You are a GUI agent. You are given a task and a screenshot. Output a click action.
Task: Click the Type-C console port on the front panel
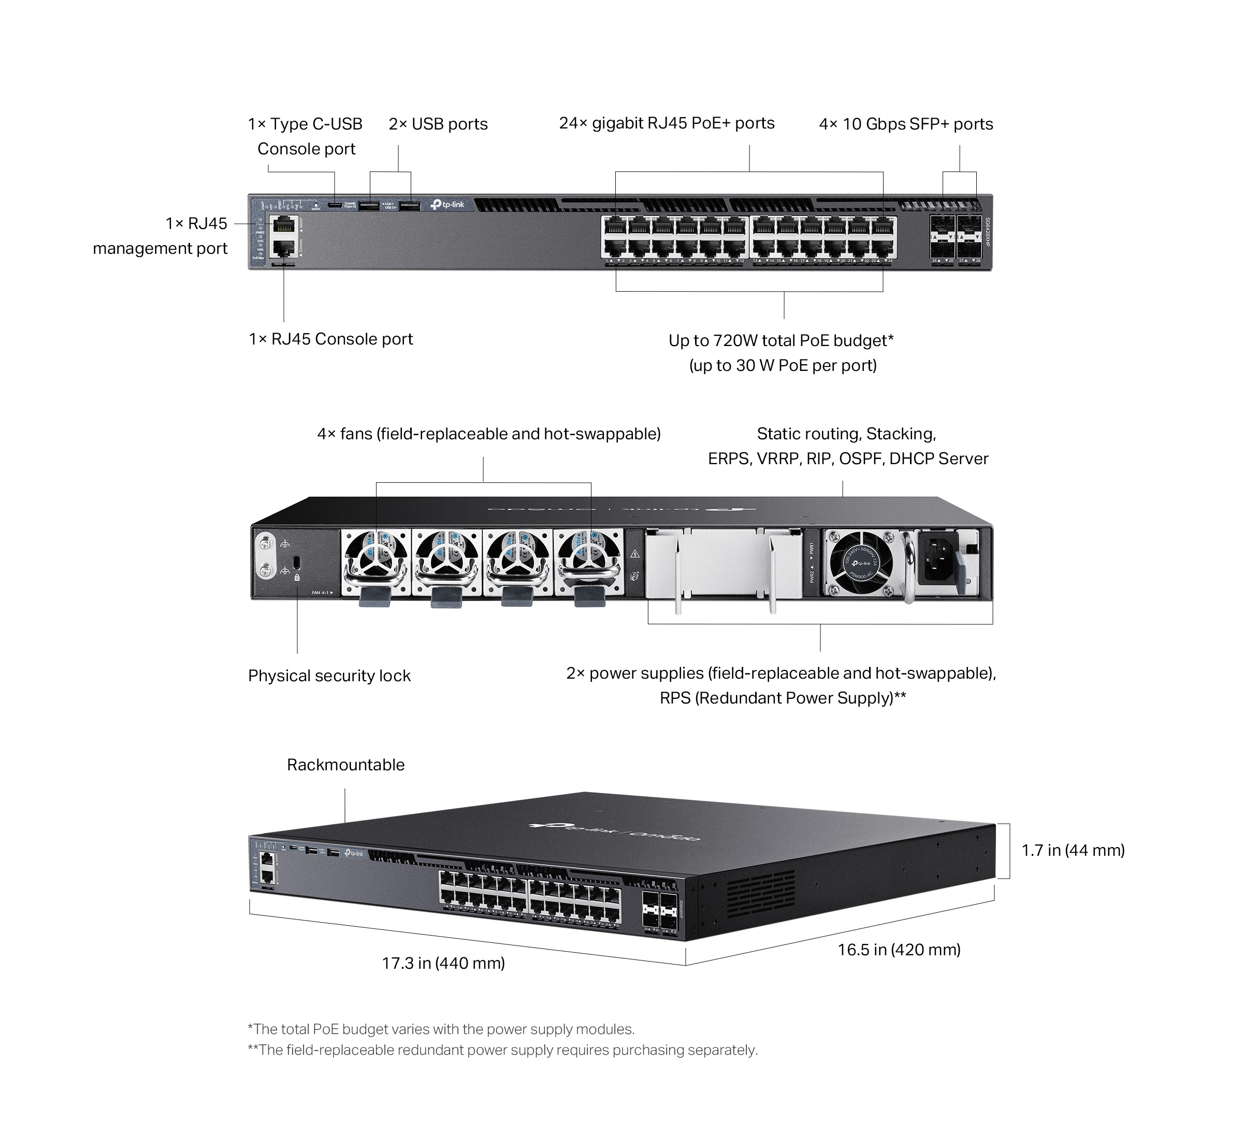(335, 205)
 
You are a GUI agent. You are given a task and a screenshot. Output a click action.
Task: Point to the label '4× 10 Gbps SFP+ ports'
(906, 124)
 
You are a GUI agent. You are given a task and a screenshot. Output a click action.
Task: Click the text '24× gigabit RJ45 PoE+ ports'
(667, 123)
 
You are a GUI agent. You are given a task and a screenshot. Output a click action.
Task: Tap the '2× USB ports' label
(438, 124)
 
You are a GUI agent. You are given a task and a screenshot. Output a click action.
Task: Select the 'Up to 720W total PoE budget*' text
(781, 340)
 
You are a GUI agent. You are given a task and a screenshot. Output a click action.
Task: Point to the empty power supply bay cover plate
(724, 564)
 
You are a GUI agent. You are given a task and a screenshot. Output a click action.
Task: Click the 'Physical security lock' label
(329, 676)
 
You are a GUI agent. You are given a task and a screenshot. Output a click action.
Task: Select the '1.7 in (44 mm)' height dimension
(1073, 851)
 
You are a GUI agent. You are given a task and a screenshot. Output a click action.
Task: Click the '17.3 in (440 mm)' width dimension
(443, 963)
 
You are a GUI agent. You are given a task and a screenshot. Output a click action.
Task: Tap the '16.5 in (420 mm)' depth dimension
(899, 949)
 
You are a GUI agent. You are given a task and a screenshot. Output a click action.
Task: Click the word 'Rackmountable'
(345, 765)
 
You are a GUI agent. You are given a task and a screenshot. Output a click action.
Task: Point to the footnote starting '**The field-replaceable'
(502, 1050)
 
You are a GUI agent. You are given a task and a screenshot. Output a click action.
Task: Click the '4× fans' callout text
(488, 434)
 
